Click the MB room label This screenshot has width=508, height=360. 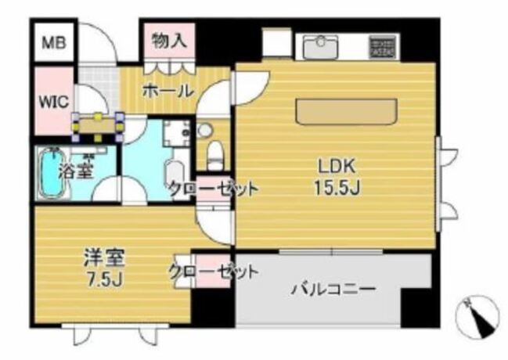click(54, 43)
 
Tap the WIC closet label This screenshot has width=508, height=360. click(54, 102)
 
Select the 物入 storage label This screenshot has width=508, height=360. click(169, 41)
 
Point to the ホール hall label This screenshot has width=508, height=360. click(168, 91)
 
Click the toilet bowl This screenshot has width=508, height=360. click(214, 156)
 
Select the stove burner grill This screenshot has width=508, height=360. click(383, 46)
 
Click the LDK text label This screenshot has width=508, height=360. click(337, 167)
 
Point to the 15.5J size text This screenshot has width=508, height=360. click(337, 187)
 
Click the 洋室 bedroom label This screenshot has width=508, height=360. click(104, 258)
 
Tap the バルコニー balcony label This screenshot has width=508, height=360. click(333, 288)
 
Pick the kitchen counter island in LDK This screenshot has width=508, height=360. click(346, 112)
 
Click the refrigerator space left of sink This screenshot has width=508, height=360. click(276, 43)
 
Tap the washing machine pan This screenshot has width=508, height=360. click(177, 133)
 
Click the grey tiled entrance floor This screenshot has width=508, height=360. click(98, 85)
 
